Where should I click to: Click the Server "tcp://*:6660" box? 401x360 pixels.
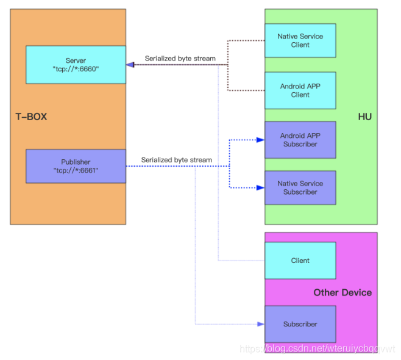[x=76, y=65]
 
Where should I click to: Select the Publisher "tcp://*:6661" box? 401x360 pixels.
[x=76, y=166]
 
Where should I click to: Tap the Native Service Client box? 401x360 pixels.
[x=300, y=41]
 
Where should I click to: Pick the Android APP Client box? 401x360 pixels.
[x=300, y=90]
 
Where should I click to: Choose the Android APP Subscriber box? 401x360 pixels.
[x=300, y=140]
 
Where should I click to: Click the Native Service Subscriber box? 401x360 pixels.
[x=300, y=187]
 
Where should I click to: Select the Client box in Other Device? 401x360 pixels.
[x=300, y=261]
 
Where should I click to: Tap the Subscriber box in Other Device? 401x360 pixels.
[x=300, y=324]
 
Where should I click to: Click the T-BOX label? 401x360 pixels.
[x=31, y=116]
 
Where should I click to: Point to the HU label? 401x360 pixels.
[x=364, y=117]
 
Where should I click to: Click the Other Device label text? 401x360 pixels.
[x=342, y=293]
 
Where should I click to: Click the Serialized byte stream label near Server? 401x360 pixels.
[x=180, y=59]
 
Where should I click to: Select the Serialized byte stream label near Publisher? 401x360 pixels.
[x=177, y=160]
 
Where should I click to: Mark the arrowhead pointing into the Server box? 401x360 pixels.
[x=130, y=64]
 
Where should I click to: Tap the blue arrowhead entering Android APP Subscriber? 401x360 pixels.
[x=261, y=140]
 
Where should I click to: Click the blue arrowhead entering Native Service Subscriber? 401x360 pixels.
[x=261, y=187]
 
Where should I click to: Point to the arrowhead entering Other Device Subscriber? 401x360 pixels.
[x=261, y=324]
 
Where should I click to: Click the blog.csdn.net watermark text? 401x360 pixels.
[x=317, y=349]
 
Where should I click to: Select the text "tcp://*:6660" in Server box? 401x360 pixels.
[x=76, y=70]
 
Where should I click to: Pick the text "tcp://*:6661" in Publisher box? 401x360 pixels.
[x=76, y=171]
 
